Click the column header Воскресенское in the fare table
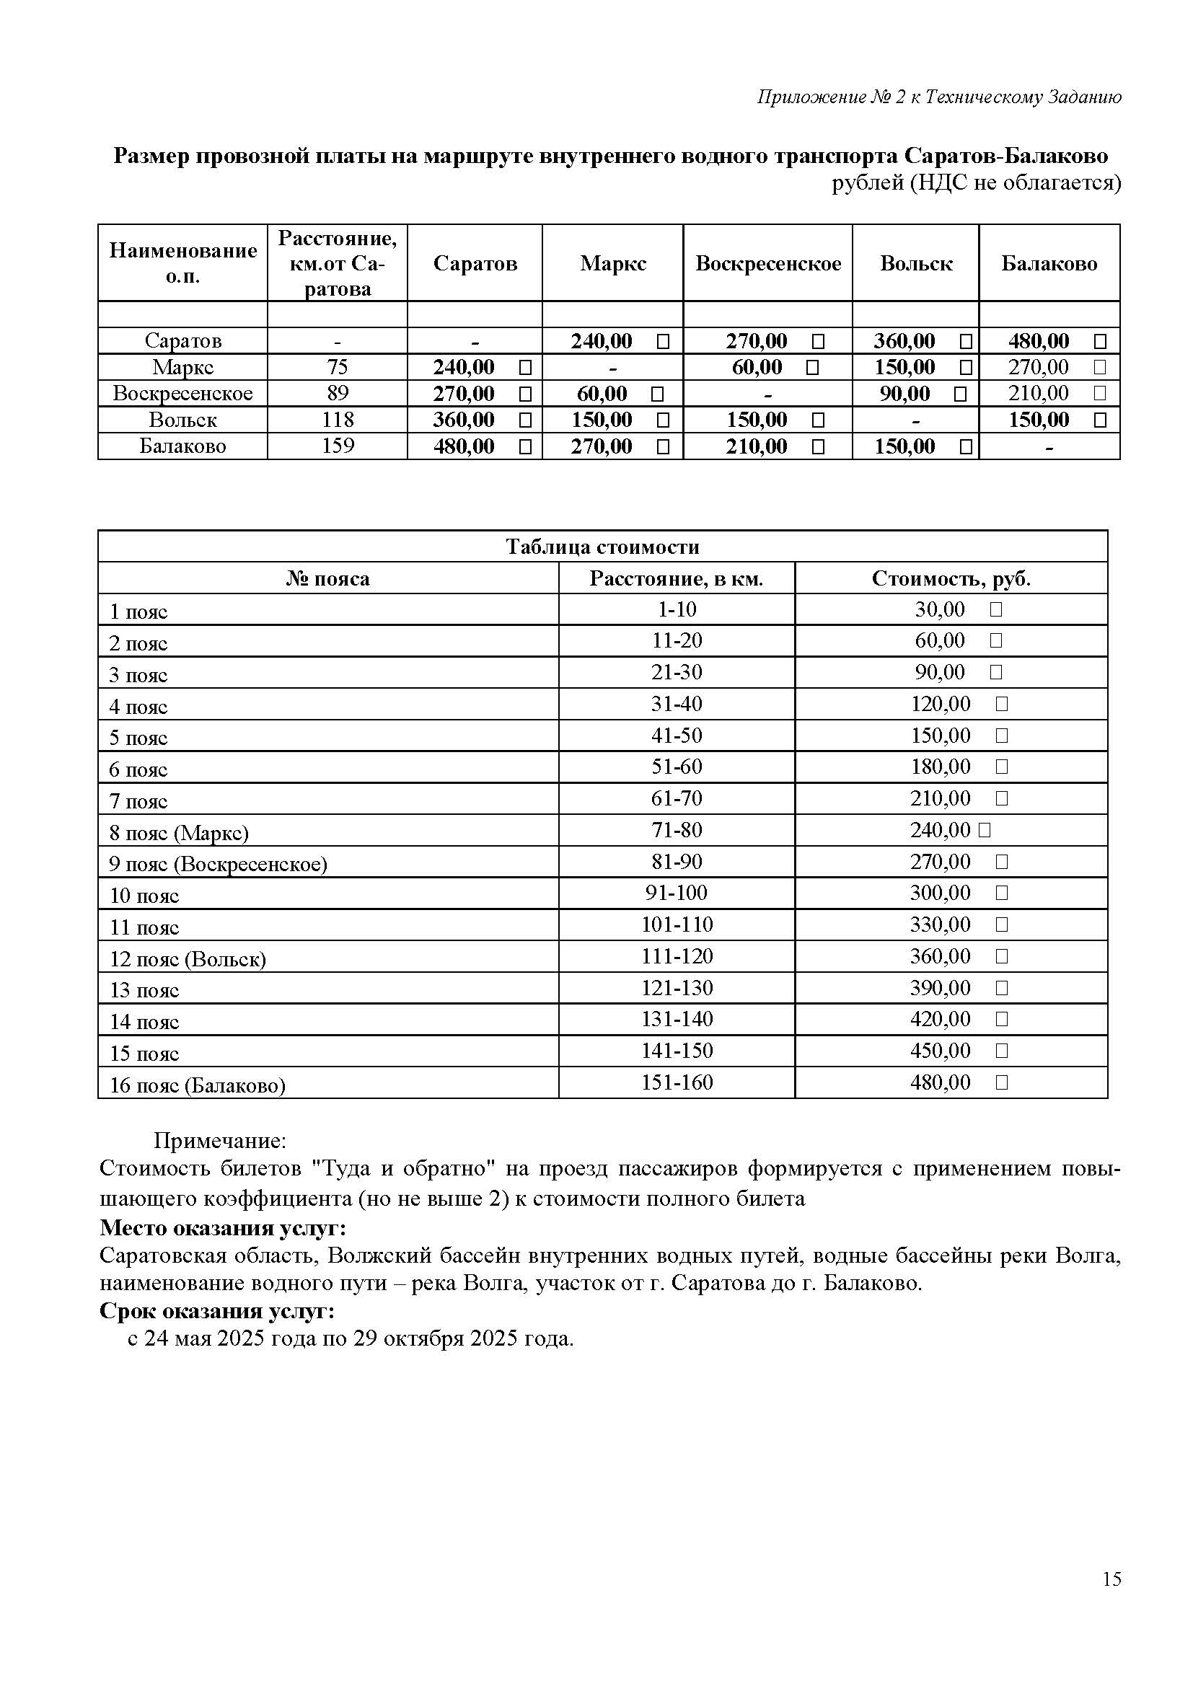pos(767,264)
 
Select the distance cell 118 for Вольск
pos(337,420)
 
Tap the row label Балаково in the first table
pos(182,446)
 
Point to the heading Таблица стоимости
pos(602,547)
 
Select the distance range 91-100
pos(677,893)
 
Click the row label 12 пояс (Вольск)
pos(188,959)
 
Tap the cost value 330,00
pos(941,925)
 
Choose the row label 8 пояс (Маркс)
pos(178,833)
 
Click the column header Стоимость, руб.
pos(951,579)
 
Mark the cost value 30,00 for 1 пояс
pos(940,609)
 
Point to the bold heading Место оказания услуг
pos(223,1228)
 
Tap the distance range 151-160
pos(677,1082)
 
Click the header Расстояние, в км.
pos(676,579)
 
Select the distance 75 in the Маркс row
pos(337,367)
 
